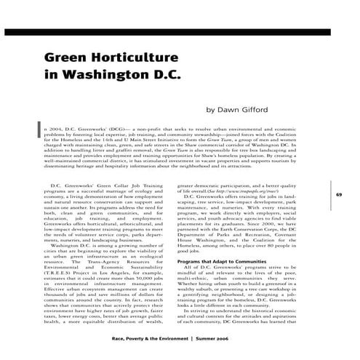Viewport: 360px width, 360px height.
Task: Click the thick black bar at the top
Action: [180, 33]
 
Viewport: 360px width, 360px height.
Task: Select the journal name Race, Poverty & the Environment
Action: [149, 339]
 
